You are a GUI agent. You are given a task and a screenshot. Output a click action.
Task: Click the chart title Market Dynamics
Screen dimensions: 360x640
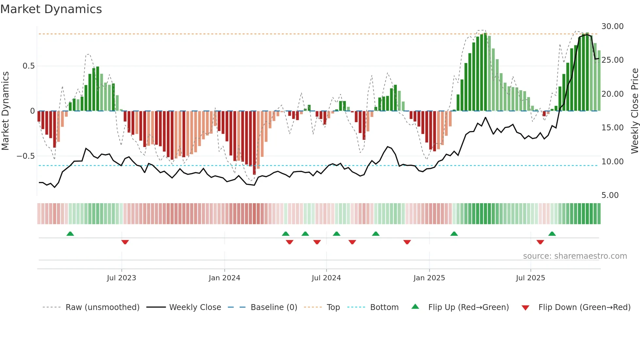(51, 9)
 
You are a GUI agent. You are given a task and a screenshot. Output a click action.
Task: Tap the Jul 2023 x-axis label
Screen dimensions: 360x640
(121, 278)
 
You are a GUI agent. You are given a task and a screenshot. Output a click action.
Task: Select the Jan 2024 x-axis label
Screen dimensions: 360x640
(224, 278)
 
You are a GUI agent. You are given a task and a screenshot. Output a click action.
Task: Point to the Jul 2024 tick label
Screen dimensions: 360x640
(326, 278)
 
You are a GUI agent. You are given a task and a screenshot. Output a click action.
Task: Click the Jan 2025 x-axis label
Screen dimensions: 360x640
(429, 278)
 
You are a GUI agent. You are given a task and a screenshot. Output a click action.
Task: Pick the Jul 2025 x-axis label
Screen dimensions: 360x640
(530, 278)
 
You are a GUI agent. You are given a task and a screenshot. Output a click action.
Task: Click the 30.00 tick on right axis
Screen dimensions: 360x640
(612, 26)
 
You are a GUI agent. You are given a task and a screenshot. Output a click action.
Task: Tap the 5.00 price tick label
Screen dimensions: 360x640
(610, 195)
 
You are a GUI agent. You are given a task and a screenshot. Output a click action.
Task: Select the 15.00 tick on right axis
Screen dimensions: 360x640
(612, 128)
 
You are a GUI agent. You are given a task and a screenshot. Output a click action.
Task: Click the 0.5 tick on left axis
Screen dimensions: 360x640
(28, 66)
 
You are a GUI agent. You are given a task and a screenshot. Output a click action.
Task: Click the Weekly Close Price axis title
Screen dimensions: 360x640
(634, 111)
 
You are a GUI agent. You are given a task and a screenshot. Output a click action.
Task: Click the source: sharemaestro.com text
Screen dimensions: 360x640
(575, 256)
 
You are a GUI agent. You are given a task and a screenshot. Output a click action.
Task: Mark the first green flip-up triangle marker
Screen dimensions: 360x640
(70, 234)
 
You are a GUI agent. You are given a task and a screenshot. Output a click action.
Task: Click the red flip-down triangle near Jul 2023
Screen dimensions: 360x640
(125, 242)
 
